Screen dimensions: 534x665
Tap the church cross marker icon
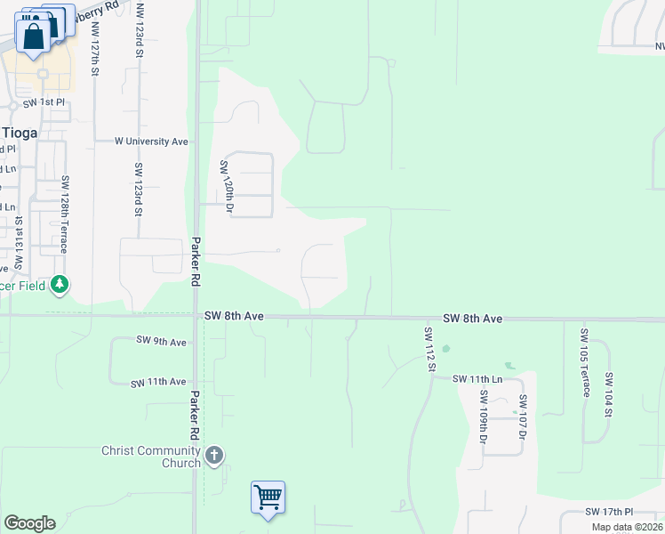tap(213, 457)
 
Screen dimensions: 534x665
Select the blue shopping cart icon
tap(268, 497)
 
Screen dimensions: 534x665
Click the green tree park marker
tap(60, 285)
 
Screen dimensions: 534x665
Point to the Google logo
tap(29, 523)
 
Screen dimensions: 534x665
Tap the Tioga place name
tap(19, 133)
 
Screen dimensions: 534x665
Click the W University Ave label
tap(151, 142)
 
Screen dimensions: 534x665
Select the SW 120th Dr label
tap(226, 188)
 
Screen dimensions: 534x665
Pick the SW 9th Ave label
tap(161, 341)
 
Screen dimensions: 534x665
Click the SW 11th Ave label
tap(158, 383)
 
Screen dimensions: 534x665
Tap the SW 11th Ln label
tap(477, 379)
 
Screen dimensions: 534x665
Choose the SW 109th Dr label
tap(484, 417)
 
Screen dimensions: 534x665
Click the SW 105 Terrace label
tap(584, 364)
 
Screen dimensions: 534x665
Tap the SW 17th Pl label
tap(609, 512)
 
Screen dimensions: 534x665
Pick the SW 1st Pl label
tap(44, 103)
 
